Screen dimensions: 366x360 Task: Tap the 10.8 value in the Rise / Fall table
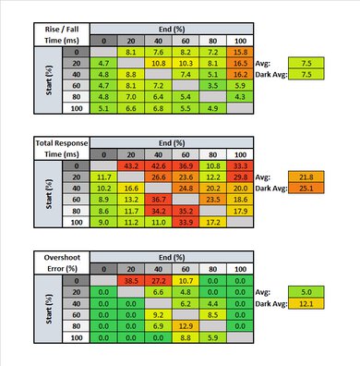click(157, 64)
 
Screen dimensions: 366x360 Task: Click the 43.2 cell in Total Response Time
click(130, 165)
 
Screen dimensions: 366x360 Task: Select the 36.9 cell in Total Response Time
click(185, 165)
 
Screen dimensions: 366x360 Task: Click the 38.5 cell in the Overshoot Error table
click(130, 278)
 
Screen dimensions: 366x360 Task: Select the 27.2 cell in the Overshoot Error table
click(157, 278)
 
